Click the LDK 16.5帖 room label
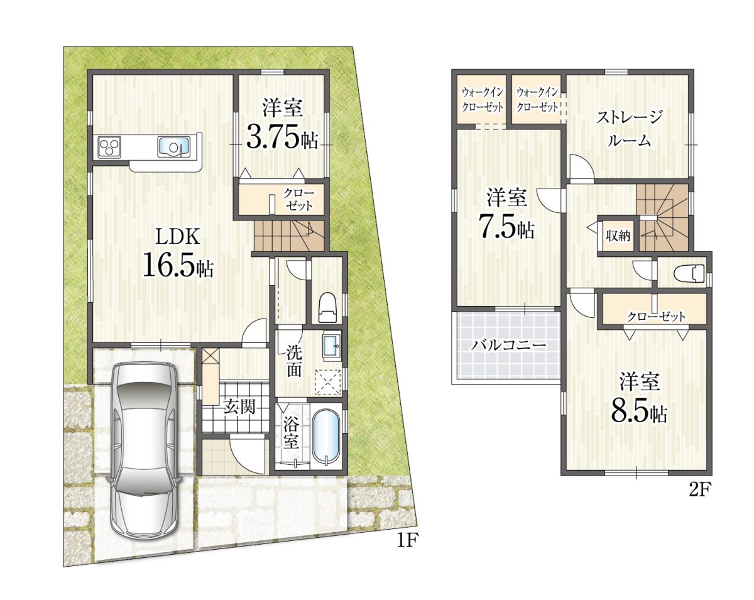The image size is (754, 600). click(178, 253)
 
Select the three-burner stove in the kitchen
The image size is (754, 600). click(110, 147)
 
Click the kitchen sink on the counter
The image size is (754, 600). click(174, 147)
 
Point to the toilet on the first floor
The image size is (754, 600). click(328, 307)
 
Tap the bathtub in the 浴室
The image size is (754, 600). click(326, 437)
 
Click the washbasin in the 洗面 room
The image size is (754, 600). click(331, 346)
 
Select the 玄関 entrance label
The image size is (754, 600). click(239, 408)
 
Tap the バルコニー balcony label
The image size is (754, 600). click(508, 346)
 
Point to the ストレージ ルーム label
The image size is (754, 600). click(630, 128)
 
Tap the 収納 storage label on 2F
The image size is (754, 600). click(618, 236)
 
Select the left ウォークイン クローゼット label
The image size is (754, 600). click(483, 100)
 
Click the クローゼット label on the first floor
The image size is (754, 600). click(299, 199)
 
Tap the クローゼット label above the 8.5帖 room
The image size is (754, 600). click(656, 317)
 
